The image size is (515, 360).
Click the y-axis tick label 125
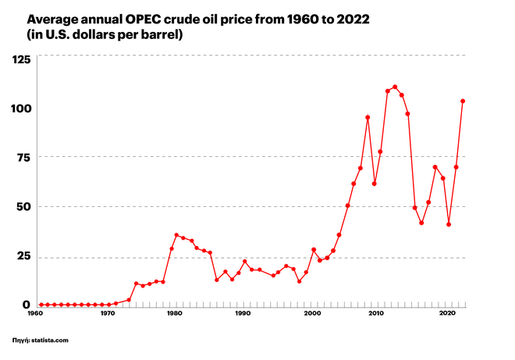[x=20, y=59]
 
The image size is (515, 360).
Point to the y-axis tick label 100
[x=20, y=108]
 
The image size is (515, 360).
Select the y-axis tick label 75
[x=24, y=157]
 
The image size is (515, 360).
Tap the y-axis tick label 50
[x=23, y=206]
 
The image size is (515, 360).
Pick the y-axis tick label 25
[x=24, y=256]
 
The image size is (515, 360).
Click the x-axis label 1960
[x=36, y=314]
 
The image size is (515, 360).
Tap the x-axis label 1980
[x=175, y=314]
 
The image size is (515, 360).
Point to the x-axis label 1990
[x=243, y=314]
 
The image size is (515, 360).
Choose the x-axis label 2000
[x=312, y=314]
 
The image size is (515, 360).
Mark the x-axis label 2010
[x=378, y=314]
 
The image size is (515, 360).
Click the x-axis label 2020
[x=447, y=314]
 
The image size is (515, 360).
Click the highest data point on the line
[x=395, y=87]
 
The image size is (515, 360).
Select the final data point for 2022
[x=463, y=101]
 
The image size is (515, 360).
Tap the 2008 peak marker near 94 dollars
[x=368, y=117]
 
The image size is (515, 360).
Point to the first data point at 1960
[x=41, y=305]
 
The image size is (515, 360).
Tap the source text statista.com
[x=55, y=340]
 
